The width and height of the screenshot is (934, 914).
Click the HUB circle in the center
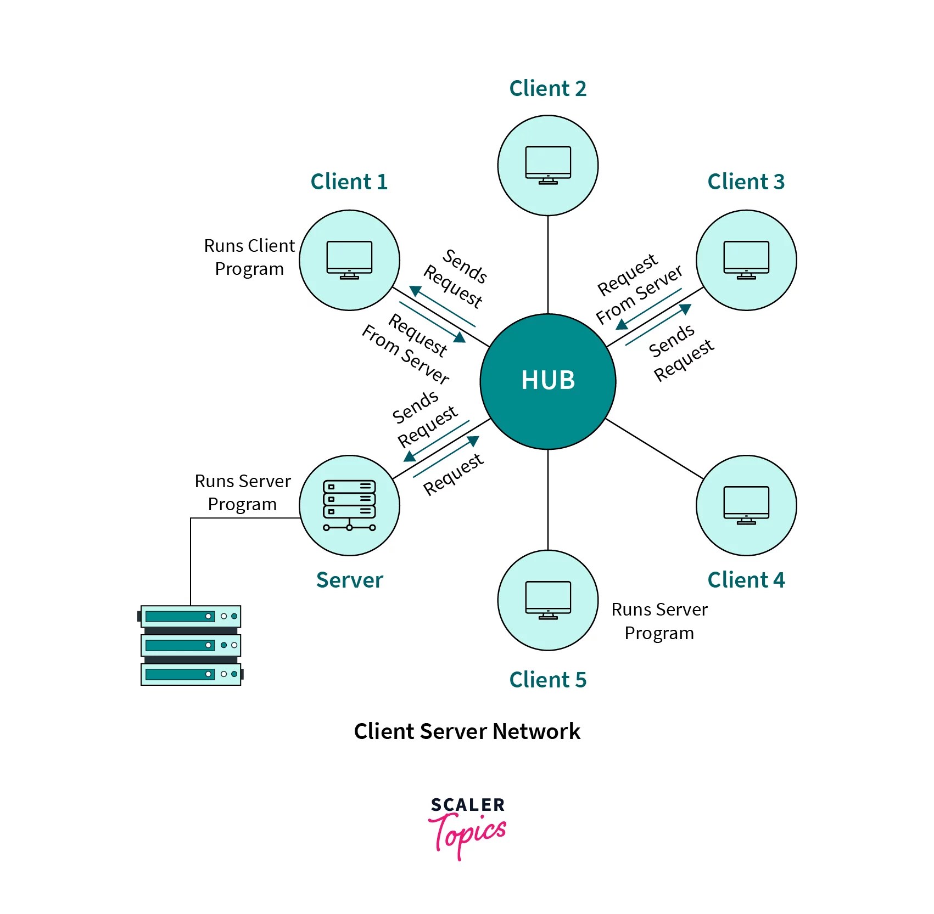pos(547,381)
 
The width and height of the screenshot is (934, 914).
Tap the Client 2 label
pos(547,88)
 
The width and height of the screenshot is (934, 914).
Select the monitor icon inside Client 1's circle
pos(349,259)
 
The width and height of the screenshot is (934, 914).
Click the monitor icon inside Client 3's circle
pos(746,259)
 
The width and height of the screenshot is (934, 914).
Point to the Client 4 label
pos(746,580)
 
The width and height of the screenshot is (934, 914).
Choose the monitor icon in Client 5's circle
pos(547,600)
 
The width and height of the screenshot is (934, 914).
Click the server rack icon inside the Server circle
pos(349,505)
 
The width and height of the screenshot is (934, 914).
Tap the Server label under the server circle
pos(349,580)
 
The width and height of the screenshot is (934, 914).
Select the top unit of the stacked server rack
pos(191,616)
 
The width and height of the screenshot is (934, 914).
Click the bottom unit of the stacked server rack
pos(191,674)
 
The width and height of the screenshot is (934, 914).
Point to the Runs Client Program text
pos(249,257)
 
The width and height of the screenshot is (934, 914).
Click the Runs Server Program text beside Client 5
pos(659,621)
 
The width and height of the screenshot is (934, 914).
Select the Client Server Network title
pos(467,731)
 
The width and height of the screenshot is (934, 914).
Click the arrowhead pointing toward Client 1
pos(415,291)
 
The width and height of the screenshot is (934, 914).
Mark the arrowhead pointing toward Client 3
pos(685,309)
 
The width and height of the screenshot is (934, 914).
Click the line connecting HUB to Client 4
pos(653,448)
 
